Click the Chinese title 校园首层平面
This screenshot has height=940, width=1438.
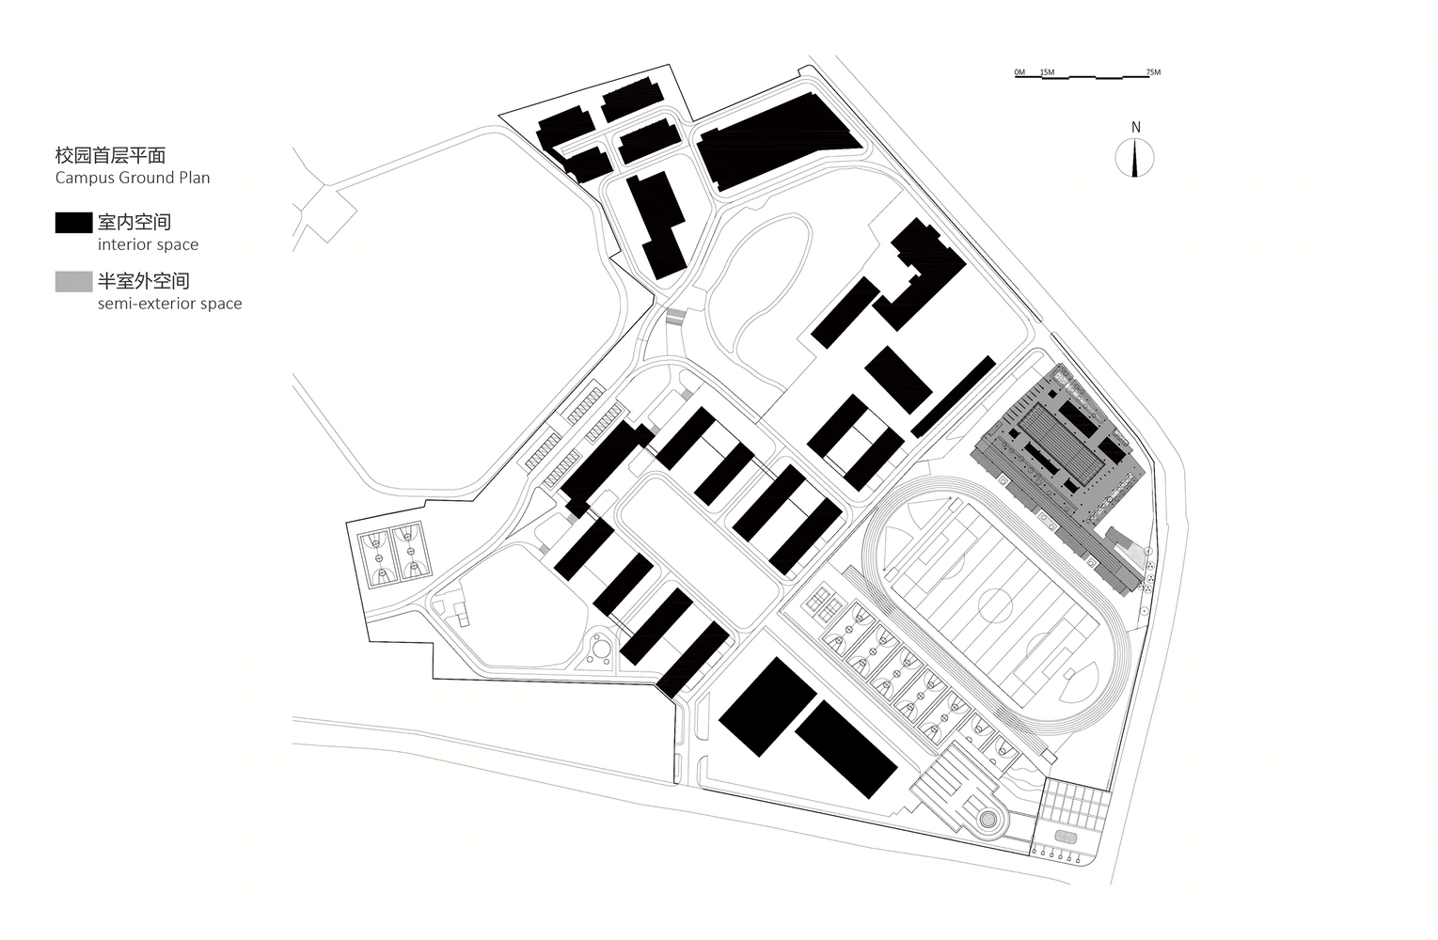110,155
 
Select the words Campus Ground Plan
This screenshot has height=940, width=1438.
133,178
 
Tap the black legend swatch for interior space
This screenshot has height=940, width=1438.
73,223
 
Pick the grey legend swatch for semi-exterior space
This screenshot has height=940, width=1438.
73,282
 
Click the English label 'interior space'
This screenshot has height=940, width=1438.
148,244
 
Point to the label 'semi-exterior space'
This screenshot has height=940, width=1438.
169,304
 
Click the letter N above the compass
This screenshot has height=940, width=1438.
1136,127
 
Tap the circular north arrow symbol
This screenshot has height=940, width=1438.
1134,158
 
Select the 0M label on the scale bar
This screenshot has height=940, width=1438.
1019,71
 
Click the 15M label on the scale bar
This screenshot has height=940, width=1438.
1047,71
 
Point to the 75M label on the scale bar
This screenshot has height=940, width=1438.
1154,71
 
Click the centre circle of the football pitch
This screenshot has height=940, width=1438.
995,606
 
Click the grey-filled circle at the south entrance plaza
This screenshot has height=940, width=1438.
988,819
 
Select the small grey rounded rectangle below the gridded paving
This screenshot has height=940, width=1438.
1066,836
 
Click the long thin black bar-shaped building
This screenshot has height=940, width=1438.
954,398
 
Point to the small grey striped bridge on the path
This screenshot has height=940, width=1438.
676,316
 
